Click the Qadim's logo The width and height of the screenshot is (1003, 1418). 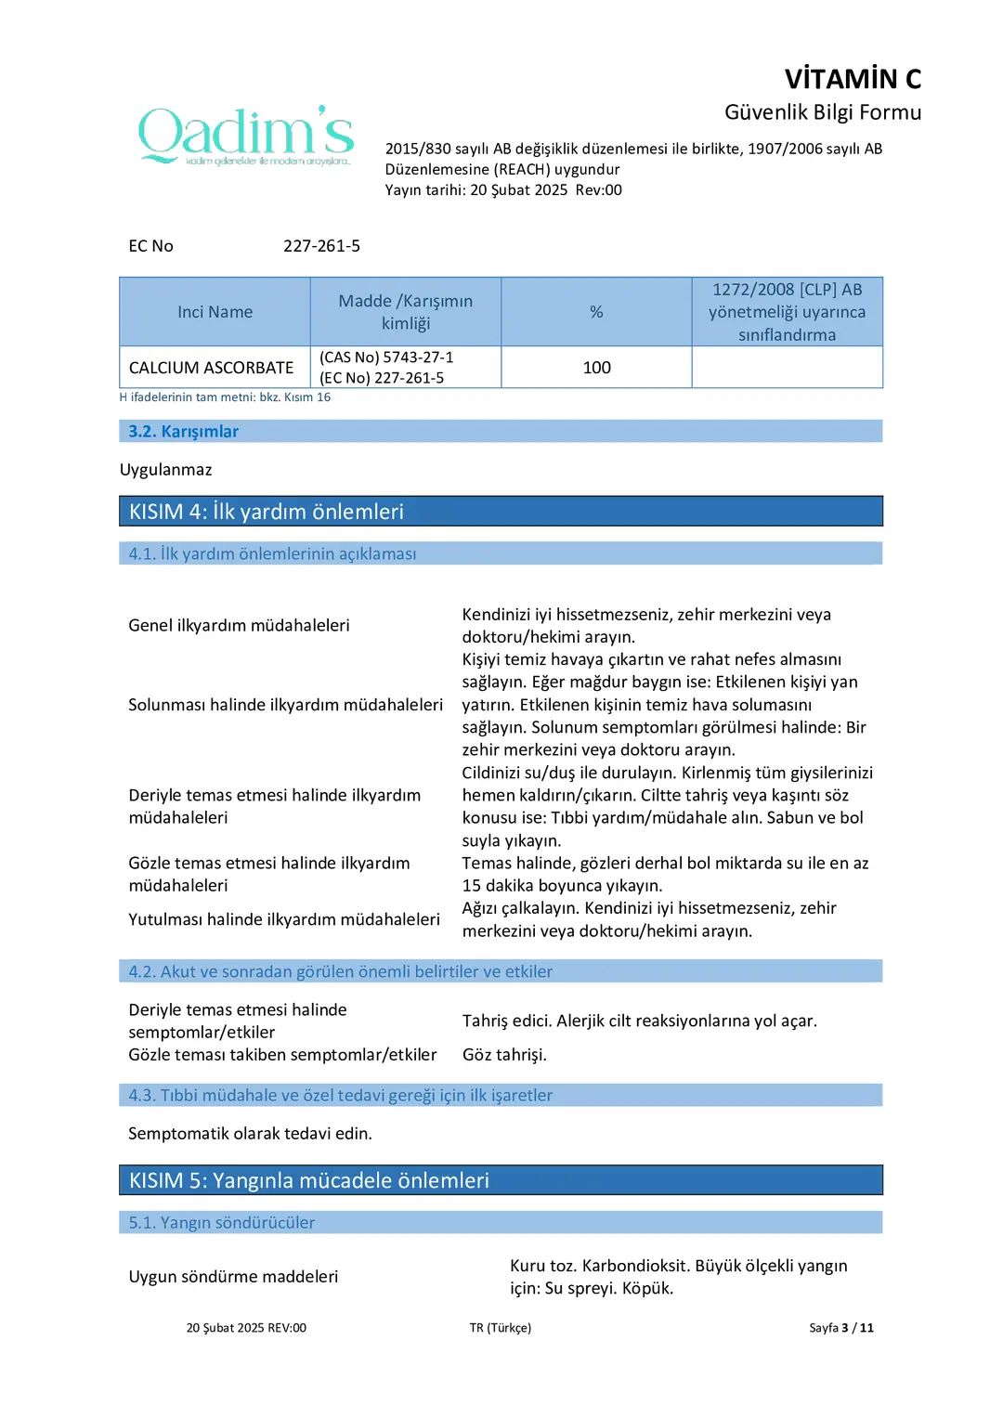pos(246,136)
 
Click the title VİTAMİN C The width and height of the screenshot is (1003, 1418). pos(853,79)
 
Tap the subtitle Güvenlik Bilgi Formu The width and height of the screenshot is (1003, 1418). pos(822,112)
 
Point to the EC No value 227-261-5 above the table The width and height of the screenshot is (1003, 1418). pos(321,246)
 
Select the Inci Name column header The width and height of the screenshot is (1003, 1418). pos(215,312)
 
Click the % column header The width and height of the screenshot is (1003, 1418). pos(596,312)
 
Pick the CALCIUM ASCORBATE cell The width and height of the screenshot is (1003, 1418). pos(211,368)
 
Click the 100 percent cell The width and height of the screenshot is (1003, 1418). pos(596,368)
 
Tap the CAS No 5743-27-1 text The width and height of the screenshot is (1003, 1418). pos(386,358)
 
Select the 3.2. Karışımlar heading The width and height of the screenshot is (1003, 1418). pos(183,431)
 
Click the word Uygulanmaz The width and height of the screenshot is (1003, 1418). pos(165,470)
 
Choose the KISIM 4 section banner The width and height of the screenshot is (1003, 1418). pos(501,512)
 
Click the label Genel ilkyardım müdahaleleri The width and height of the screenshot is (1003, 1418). pos(239,626)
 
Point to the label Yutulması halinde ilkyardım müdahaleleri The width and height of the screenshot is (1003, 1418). pos(284,919)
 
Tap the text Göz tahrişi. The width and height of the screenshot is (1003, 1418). pos(504,1055)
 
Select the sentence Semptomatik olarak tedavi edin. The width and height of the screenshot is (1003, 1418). pos(250,1134)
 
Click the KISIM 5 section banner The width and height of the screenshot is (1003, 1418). pos(501,1180)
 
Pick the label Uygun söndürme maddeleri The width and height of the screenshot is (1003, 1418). pos(233,1277)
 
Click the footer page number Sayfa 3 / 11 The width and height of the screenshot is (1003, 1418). pos(840,1328)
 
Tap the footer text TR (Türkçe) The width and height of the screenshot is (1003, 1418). pos(500,1328)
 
